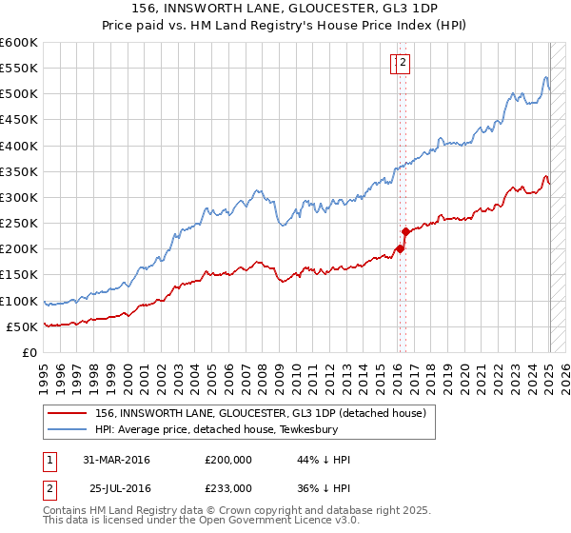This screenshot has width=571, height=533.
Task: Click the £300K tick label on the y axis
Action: click(x=19, y=197)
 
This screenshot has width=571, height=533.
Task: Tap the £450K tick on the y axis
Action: click(x=19, y=120)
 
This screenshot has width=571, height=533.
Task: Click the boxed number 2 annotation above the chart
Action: click(x=403, y=64)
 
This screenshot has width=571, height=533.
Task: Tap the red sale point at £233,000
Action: click(x=405, y=231)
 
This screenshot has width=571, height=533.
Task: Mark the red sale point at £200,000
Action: click(x=400, y=248)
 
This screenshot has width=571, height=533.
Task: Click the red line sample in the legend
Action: click(x=68, y=412)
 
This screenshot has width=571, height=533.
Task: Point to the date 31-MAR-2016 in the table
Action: click(x=116, y=460)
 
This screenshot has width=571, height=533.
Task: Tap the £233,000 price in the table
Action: click(x=228, y=487)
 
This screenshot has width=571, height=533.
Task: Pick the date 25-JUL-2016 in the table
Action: click(x=120, y=487)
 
